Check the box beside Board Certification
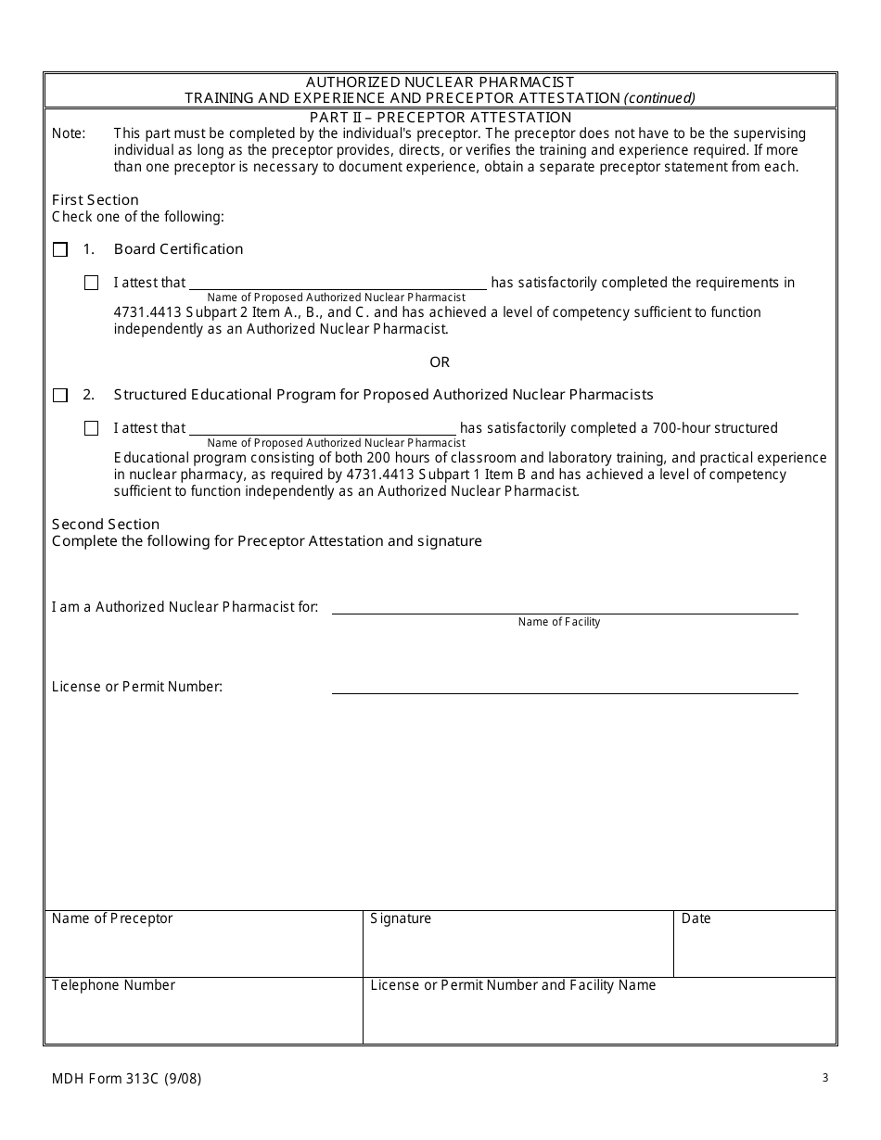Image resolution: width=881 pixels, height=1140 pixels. point(60,249)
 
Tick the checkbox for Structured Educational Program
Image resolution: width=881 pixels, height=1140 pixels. point(60,395)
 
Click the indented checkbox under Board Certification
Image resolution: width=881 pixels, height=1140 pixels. point(91,283)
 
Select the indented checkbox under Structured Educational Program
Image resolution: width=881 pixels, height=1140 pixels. point(91,428)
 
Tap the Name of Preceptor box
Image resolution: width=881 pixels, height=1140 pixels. point(203,944)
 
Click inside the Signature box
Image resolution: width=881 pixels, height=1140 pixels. point(517,944)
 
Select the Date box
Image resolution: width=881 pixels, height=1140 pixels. point(754,944)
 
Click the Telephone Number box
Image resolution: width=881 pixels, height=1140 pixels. point(203,1010)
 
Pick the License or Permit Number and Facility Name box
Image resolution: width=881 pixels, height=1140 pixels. point(599,1010)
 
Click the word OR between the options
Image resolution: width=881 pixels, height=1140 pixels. point(440,361)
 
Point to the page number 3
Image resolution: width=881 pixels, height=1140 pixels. point(824,1077)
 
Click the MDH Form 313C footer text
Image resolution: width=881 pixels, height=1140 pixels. point(126,1078)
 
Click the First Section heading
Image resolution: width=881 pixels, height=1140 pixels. point(95,199)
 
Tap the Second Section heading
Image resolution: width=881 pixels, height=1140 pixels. point(105,524)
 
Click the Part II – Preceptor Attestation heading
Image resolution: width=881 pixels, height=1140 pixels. point(440,117)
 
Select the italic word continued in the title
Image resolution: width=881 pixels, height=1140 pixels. point(659,97)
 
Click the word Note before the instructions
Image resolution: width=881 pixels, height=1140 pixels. point(68,133)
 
